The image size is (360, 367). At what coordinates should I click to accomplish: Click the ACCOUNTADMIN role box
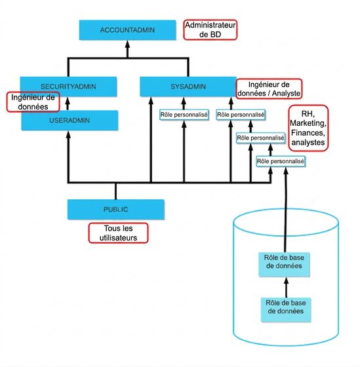(127, 30)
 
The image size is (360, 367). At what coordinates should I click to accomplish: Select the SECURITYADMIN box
(68, 87)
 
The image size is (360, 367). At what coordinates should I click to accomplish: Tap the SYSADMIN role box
(188, 87)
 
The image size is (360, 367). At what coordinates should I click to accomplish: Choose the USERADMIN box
(70, 121)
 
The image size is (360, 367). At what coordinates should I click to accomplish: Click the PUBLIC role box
(115, 209)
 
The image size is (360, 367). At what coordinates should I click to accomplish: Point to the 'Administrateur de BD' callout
(210, 29)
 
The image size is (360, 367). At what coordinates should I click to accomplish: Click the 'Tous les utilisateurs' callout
(118, 233)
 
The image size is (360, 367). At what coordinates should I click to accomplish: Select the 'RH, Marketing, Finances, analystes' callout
(308, 128)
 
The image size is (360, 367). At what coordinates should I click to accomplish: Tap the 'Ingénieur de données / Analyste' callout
(269, 88)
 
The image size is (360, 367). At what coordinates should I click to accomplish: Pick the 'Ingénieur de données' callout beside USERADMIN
(33, 102)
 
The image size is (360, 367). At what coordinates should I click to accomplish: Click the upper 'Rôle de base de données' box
(284, 264)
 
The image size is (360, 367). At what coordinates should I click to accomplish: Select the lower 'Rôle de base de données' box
(286, 309)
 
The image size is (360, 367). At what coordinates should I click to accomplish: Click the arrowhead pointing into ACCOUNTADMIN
(127, 45)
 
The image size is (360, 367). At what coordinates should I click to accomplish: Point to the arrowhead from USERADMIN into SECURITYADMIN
(68, 101)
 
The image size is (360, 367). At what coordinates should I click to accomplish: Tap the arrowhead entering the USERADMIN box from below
(68, 135)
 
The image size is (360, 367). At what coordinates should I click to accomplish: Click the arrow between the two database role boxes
(286, 287)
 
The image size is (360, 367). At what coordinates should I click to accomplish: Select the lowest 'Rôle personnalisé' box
(281, 161)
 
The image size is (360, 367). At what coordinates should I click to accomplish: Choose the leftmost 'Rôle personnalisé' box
(184, 115)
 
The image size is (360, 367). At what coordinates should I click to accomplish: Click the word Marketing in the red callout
(308, 123)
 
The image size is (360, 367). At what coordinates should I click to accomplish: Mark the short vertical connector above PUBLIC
(115, 191)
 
